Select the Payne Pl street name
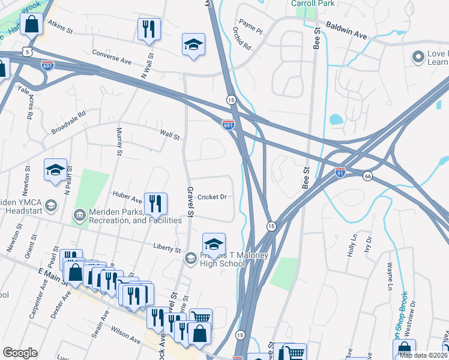[250, 25]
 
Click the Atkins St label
[60, 28]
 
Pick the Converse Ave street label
[112, 57]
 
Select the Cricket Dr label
[212, 197]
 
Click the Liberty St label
[167, 248]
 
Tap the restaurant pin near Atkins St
[148, 30]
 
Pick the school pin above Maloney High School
[214, 245]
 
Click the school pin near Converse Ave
[193, 46]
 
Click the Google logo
[20, 353]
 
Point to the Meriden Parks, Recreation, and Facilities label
[134, 216]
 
